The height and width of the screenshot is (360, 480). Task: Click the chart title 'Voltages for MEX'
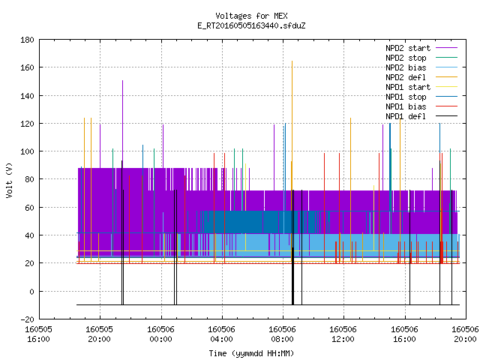[251, 16]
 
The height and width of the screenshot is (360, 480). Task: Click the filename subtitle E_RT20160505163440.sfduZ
[251, 25]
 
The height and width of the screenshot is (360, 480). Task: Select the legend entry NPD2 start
[408, 48]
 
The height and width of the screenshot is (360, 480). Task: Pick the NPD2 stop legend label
[406, 58]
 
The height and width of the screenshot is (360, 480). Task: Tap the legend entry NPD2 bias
[406, 67]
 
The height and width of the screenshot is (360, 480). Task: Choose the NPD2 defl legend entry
[406, 77]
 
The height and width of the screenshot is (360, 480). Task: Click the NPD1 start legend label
[408, 87]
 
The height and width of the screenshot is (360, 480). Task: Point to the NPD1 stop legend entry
[406, 97]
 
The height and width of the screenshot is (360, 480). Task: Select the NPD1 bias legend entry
[406, 106]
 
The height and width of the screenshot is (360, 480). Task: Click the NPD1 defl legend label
[406, 117]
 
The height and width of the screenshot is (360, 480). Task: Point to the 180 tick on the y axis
[27, 40]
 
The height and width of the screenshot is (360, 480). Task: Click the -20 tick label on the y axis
[27, 319]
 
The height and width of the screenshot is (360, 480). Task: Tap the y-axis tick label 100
[27, 151]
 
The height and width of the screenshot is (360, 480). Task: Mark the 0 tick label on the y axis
[31, 292]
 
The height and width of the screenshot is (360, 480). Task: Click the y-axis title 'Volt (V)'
[9, 181]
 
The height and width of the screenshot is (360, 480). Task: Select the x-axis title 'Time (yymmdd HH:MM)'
[251, 353]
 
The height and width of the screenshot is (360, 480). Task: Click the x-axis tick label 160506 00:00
[160, 334]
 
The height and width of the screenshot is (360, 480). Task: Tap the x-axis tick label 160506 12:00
[343, 334]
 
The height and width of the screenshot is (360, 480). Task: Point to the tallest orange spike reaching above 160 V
[292, 125]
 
